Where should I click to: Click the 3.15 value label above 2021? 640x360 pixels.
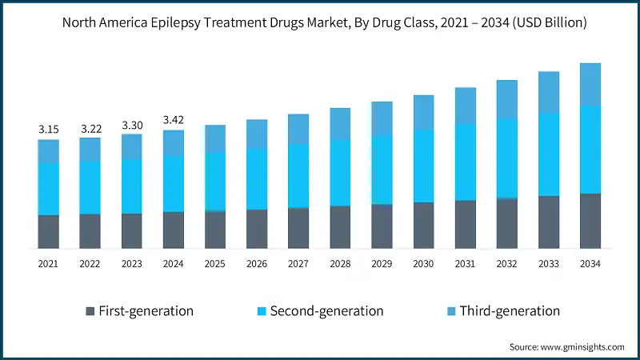[x=49, y=130]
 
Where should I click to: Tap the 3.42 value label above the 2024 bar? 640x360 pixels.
[x=174, y=120]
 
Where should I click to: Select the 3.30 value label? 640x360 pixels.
[x=132, y=125]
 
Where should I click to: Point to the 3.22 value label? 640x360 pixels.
[x=90, y=129]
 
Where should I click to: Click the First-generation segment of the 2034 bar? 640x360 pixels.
[x=590, y=221]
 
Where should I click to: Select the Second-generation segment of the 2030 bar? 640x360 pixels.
[x=423, y=166]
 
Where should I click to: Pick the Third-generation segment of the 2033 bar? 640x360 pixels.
[x=548, y=92]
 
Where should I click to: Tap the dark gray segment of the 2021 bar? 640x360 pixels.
[x=49, y=231]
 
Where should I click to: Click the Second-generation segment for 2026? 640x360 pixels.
[x=257, y=178]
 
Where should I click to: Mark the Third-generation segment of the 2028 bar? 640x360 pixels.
[x=340, y=124]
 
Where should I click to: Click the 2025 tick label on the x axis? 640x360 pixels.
[x=215, y=263]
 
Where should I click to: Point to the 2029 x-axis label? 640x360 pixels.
[x=382, y=263]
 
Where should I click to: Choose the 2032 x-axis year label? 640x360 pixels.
[x=506, y=263]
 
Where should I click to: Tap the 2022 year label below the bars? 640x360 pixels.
[x=90, y=263]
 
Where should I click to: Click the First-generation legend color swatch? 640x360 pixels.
[x=89, y=310]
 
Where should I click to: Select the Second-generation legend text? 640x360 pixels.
[x=326, y=310]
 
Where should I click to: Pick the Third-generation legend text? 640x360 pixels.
[x=510, y=310]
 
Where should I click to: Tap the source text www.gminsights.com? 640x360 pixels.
[x=582, y=346]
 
